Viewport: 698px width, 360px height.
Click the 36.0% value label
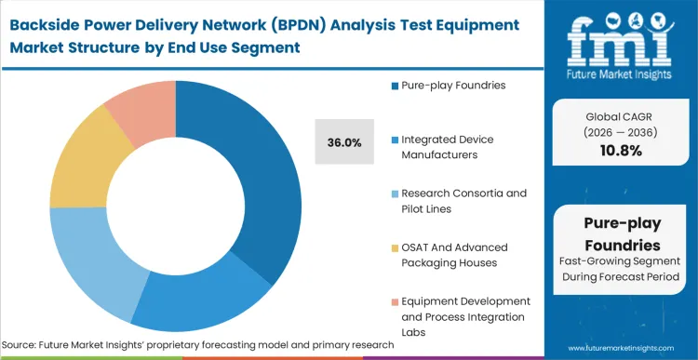(344, 142)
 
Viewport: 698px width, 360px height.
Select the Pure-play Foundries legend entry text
(453, 86)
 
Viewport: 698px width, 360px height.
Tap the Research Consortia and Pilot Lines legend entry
(463, 200)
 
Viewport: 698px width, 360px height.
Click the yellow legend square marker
(395, 247)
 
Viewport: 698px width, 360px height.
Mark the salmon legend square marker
(395, 301)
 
